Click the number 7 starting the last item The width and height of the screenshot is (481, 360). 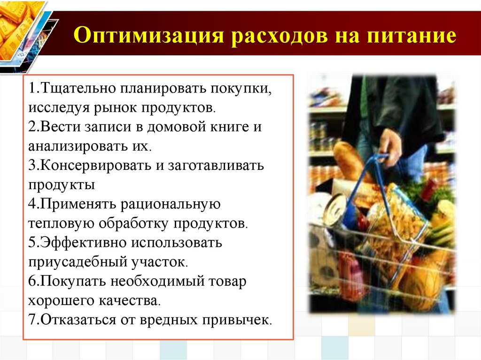31,320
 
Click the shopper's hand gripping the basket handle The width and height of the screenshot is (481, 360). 390,146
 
